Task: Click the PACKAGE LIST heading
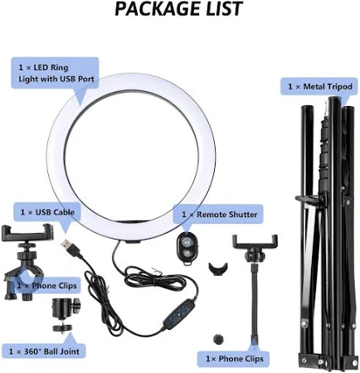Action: [x=178, y=8]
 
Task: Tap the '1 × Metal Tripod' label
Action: [x=320, y=87]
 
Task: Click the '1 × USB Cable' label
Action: [x=47, y=212]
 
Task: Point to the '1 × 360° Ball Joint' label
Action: [x=44, y=351]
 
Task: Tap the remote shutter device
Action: [x=186, y=249]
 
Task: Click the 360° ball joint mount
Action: [x=65, y=315]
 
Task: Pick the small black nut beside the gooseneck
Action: [x=218, y=338]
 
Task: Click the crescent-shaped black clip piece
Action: [x=218, y=269]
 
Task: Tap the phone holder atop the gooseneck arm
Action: [x=255, y=246]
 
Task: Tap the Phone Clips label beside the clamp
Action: [x=46, y=286]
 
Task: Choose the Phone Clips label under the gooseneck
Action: [x=235, y=359]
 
